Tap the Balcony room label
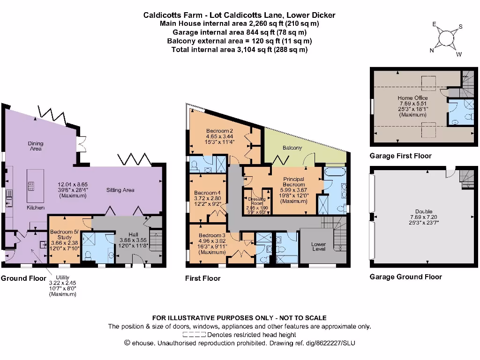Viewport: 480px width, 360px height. (x=292, y=148)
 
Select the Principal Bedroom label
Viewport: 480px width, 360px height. (x=293, y=182)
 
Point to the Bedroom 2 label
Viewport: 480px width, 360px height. (x=219, y=131)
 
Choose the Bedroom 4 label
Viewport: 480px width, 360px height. (x=207, y=193)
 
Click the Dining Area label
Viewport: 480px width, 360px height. (x=36, y=146)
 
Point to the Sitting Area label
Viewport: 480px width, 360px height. (x=120, y=190)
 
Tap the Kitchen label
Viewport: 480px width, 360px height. (x=35, y=207)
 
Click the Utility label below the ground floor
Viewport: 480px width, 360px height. (x=62, y=277)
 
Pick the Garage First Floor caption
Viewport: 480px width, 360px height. (x=400, y=156)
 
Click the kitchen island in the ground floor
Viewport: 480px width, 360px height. (x=32, y=180)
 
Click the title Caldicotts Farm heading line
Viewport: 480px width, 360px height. (x=239, y=15)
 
